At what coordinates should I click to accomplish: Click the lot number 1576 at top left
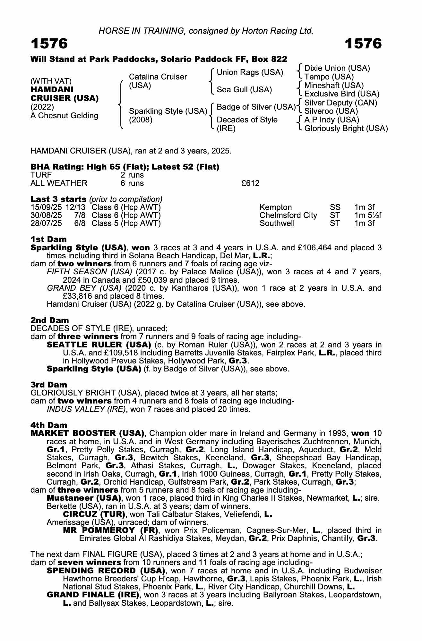(49, 44)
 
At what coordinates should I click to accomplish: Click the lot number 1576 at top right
(363, 44)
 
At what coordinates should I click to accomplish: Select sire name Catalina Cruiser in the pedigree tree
(158, 77)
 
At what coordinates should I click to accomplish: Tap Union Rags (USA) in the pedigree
(250, 72)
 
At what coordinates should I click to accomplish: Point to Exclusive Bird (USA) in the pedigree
(342, 94)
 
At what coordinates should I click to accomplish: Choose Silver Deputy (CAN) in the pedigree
(340, 103)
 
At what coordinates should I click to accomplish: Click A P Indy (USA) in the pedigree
(332, 120)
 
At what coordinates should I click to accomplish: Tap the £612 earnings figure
(250, 183)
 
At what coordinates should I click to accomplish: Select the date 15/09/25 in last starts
(46, 207)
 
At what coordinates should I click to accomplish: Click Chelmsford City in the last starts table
(288, 215)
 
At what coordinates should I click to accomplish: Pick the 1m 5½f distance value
(368, 215)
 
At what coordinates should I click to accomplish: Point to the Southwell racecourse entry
(277, 223)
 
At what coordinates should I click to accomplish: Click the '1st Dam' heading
(49, 239)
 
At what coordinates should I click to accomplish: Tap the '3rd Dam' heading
(49, 385)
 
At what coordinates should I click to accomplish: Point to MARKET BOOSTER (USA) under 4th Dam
(87, 433)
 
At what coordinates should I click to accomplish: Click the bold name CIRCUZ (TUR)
(94, 514)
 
